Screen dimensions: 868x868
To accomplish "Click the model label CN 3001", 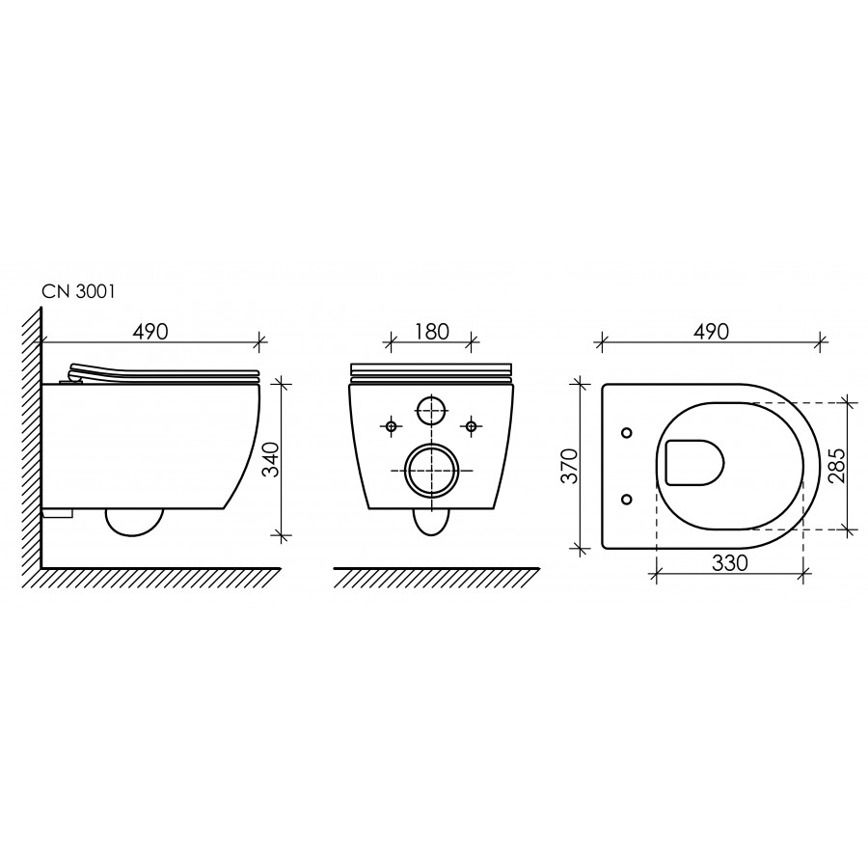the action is pos(79,291).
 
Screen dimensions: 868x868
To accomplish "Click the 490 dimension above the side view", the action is pos(150,331).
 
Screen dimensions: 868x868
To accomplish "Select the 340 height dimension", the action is pos(271,459).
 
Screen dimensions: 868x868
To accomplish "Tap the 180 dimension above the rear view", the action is pos(432,332).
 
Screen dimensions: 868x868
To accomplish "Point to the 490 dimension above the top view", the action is pos(712,331).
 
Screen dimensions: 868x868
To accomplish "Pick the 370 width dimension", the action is pos(570,466).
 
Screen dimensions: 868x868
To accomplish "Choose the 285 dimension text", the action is pos(837,465).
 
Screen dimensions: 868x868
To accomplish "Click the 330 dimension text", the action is pos(730,563).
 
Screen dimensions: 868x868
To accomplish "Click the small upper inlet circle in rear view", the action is pos(431,410).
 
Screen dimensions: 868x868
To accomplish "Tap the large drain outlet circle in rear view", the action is pos(431,471).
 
